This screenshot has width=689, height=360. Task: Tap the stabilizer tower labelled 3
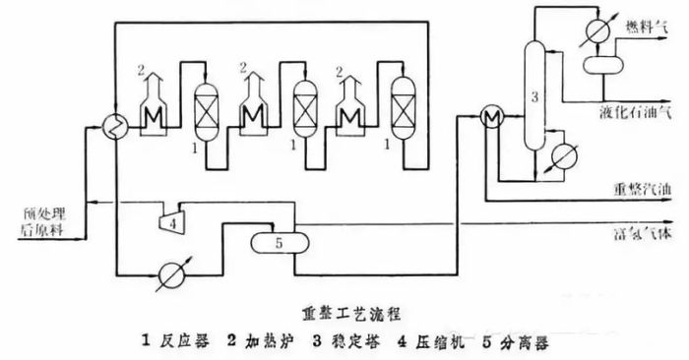coord(533,98)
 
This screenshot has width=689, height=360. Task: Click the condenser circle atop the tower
coord(594,29)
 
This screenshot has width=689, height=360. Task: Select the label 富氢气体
coord(642,235)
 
